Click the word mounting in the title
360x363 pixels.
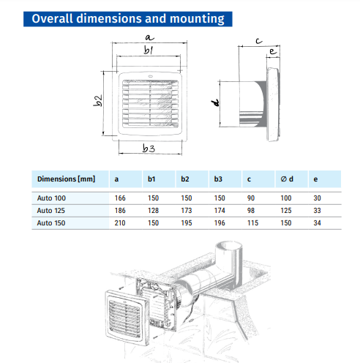197,19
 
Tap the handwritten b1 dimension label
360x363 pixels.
148,50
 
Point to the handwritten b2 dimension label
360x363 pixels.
97,100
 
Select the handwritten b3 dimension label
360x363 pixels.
149,148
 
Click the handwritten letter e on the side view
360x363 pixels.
273,51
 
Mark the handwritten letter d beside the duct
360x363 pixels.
215,102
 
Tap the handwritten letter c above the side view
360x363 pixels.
259,41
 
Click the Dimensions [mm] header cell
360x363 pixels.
66,179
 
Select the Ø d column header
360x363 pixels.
287,179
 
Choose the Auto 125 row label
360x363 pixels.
51,211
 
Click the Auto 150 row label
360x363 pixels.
51,223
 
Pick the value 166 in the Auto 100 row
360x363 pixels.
120,198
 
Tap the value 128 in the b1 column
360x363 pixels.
153,211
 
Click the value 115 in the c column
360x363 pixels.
252,223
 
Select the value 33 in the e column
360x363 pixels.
317,211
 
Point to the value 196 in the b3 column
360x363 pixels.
220,223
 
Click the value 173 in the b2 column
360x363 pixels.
187,211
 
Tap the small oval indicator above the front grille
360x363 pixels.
150,76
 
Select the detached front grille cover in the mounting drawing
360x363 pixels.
127,317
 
